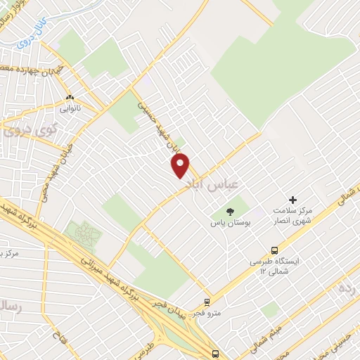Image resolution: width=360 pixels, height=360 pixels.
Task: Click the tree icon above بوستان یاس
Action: (229, 210)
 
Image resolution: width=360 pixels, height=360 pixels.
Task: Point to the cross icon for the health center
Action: (293, 200)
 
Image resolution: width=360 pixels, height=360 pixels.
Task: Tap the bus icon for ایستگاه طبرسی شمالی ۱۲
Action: (274, 250)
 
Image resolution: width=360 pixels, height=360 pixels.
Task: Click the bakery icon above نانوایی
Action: (69, 98)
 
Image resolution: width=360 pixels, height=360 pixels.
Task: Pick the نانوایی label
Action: (69, 109)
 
